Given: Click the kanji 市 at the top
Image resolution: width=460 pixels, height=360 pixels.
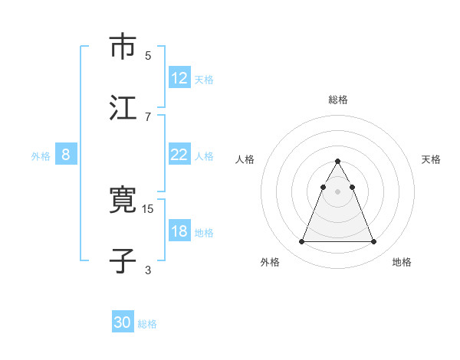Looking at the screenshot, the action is click(x=123, y=46).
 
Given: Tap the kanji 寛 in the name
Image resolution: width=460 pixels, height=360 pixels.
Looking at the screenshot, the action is click(x=123, y=201).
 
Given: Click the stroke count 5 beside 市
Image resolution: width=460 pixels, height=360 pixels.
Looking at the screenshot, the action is click(x=148, y=55).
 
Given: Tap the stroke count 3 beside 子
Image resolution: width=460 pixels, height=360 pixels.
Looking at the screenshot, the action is click(x=148, y=270).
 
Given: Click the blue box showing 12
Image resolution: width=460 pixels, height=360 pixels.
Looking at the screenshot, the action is click(x=179, y=78).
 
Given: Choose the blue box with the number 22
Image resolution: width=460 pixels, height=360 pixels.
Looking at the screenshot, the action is click(x=179, y=155).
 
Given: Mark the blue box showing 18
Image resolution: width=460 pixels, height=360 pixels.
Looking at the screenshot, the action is click(x=179, y=231).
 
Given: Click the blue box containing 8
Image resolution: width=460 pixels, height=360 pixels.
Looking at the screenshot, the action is click(x=66, y=155).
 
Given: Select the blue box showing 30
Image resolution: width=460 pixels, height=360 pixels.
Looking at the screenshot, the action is click(x=123, y=322).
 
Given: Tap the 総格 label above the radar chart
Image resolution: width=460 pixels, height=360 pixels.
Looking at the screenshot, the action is click(x=338, y=100).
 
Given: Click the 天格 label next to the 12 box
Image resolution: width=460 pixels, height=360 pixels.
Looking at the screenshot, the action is click(x=204, y=79).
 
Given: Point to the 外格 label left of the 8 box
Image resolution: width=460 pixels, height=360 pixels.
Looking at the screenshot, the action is click(x=41, y=155).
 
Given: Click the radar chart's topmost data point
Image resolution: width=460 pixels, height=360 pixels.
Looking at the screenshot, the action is click(x=338, y=162).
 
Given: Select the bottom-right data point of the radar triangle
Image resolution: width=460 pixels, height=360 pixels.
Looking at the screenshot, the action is click(x=374, y=242).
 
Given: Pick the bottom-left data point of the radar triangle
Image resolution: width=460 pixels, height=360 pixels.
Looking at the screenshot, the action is click(x=301, y=242).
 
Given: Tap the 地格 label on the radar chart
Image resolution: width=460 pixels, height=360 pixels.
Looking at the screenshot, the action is click(x=402, y=262).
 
